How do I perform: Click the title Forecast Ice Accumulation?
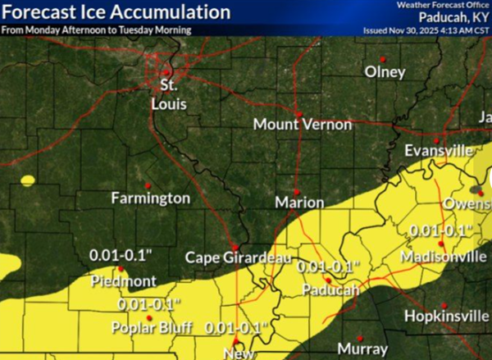click(x=116, y=12)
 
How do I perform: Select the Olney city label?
click(x=385, y=72)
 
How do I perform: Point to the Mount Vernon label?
click(x=302, y=125)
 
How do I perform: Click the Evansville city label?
click(x=439, y=151)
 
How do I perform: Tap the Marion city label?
click(x=297, y=202)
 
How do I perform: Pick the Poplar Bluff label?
click(x=153, y=329)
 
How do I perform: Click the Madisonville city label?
click(x=442, y=257)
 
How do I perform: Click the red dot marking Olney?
click(x=383, y=57)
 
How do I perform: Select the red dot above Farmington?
click(x=148, y=184)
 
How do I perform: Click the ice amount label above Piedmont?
click(x=123, y=257)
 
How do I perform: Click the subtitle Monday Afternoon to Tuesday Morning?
click(x=98, y=30)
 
